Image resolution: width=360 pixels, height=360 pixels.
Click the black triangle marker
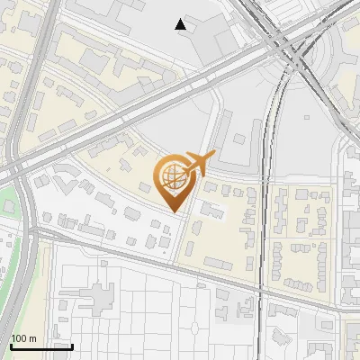[x=182, y=24]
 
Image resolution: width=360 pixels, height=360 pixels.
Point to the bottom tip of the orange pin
[x=174, y=212]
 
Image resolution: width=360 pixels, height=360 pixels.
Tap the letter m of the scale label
[x=32, y=338]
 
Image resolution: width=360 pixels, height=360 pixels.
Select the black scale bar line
[x=41, y=346]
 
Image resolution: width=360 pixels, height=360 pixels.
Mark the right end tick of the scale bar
[x=72, y=344]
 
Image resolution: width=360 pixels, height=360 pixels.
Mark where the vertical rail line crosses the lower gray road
[x=263, y=291]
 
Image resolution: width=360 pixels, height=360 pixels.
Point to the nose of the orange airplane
[x=211, y=157]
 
